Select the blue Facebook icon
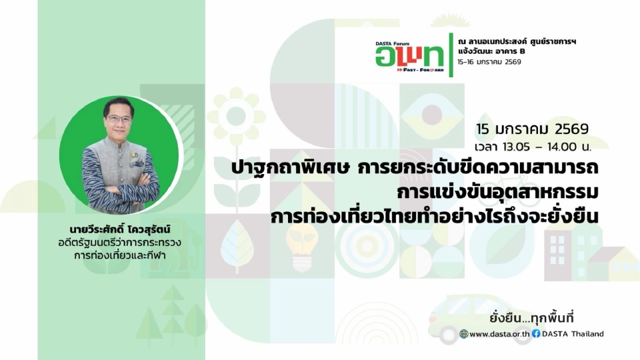[x=535, y=334]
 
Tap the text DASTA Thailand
[x=573, y=334]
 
